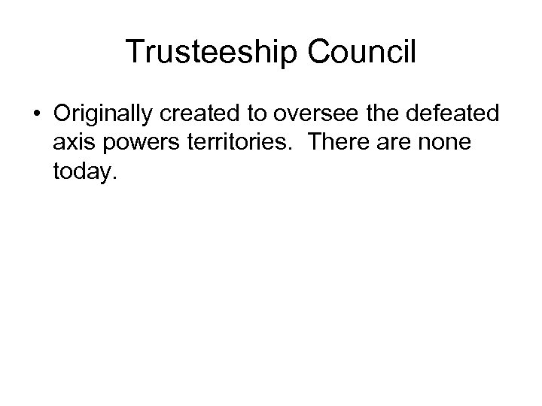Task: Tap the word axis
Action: pyautogui.click(x=72, y=143)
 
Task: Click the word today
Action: pyautogui.click(x=83, y=173)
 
